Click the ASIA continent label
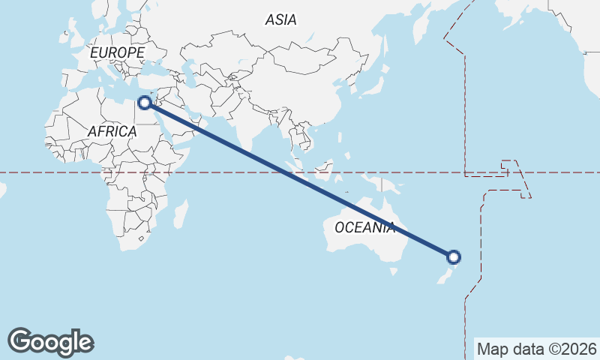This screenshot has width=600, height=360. (280, 20)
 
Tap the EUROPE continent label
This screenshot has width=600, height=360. (116, 53)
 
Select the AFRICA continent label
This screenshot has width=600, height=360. (112, 131)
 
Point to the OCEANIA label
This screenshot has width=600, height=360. (364, 227)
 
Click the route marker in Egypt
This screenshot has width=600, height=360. (145, 102)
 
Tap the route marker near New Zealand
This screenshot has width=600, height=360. (453, 257)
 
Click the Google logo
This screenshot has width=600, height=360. (50, 342)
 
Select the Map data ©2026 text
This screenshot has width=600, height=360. (536, 349)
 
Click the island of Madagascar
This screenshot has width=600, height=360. (181, 213)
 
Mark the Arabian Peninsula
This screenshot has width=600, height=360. (181, 120)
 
